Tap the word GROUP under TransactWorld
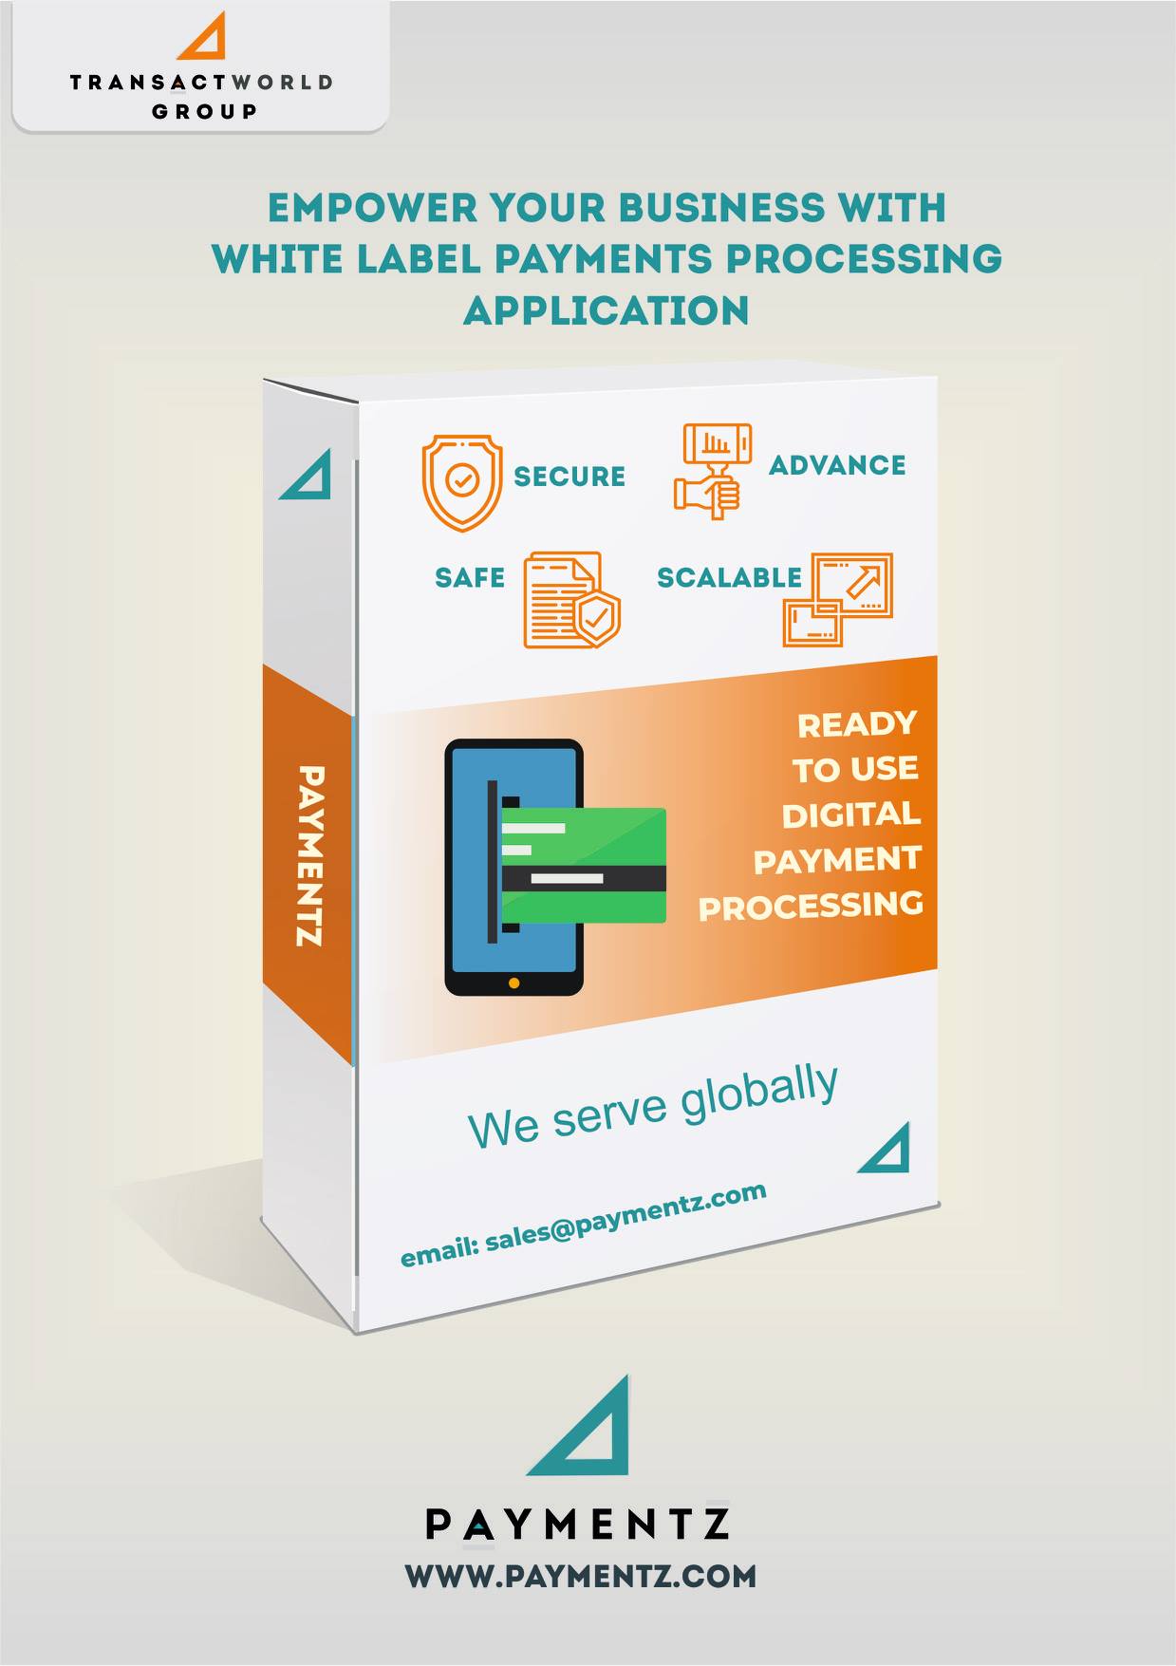tap(204, 111)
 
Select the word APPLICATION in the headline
tap(607, 310)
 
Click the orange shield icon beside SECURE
tap(461, 482)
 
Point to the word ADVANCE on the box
tap(837, 465)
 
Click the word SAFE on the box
tap(470, 577)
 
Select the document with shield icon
tap(571, 600)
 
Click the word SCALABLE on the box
tap(729, 577)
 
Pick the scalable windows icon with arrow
tap(838, 599)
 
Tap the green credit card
tap(583, 865)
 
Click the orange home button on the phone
tap(514, 983)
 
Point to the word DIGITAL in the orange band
tap(851, 814)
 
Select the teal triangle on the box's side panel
tap(306, 474)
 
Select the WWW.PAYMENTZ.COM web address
tap(581, 1576)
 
